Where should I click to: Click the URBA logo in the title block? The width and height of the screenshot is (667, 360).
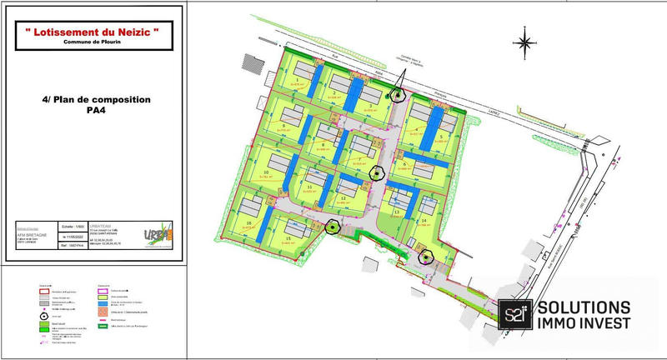click(x=157, y=235)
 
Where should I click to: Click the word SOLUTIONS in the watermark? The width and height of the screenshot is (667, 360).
click(x=584, y=307)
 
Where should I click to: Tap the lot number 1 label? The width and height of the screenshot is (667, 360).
click(x=298, y=77)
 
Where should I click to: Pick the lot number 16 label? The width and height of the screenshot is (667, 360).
click(x=249, y=223)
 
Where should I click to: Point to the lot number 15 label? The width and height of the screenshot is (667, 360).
click(x=288, y=239)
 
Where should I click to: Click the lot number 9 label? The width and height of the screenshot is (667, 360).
click(x=284, y=126)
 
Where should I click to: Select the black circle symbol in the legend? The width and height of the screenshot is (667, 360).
click(x=43, y=316)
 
